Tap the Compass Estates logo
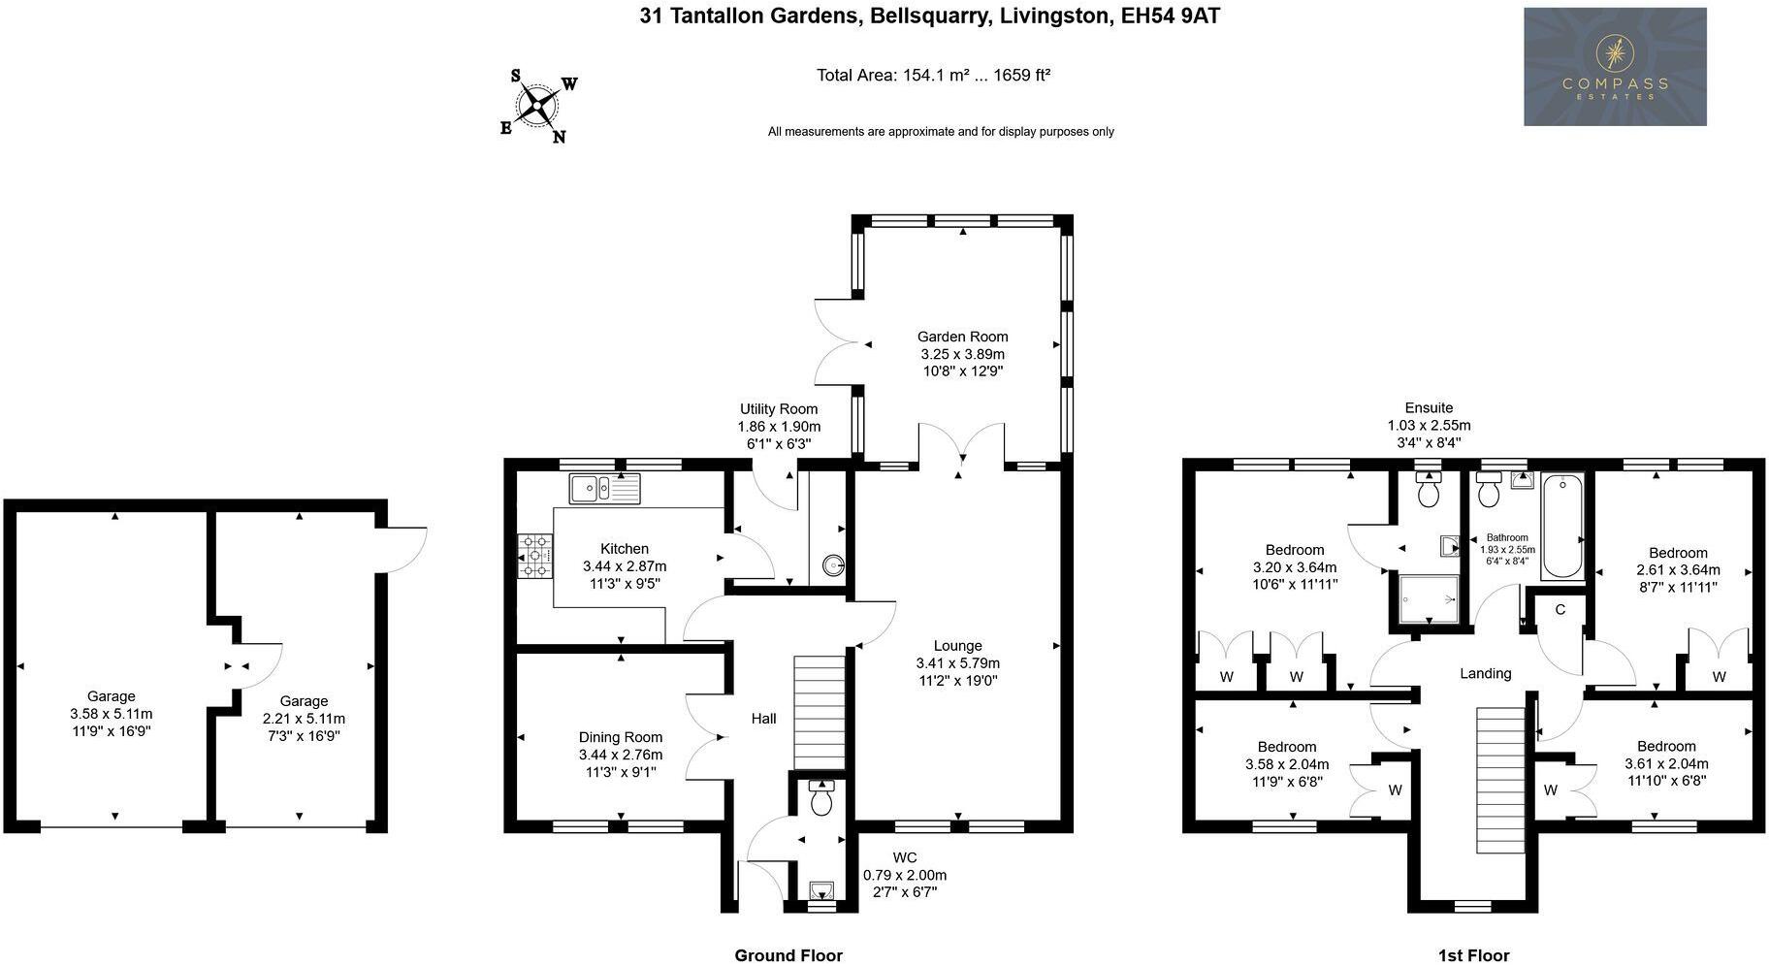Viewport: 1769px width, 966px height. coord(1615,67)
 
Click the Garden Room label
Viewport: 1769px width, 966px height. coord(963,338)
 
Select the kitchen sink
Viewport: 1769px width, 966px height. coord(605,488)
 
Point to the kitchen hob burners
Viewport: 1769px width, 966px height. coord(534,557)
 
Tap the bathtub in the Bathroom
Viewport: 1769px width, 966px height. coord(1562,527)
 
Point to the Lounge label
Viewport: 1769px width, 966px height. coord(958,646)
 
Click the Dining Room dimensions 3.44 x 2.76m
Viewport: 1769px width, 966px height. coord(621,755)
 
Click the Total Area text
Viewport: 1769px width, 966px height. coord(934,75)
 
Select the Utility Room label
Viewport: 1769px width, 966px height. coord(779,409)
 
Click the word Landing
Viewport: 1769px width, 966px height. coord(1486,673)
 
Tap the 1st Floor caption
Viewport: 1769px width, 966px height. coord(1474,955)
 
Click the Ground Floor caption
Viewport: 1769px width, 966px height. coord(788,955)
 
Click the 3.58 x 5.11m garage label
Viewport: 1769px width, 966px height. coord(112,714)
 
